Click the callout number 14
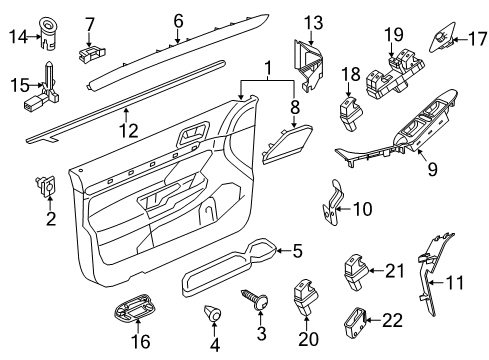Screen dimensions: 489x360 point(18,36)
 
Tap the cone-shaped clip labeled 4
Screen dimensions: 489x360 point(212,313)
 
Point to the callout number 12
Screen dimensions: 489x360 point(129,130)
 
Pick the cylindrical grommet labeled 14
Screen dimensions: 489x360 point(48,32)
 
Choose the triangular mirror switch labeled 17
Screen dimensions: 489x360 point(442,39)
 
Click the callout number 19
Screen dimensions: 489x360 point(394,34)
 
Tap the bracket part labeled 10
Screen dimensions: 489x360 point(331,203)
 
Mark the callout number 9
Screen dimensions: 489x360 point(432,170)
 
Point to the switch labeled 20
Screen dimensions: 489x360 point(305,296)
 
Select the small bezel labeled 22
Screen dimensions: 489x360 point(355,322)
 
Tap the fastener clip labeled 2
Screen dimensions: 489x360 point(46,185)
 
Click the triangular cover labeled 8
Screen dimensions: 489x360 point(287,144)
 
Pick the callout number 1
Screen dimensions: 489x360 point(267,68)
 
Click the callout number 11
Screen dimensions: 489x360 point(454,282)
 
